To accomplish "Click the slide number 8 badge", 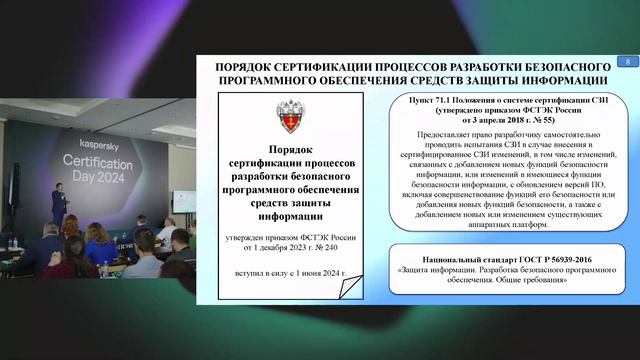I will pos(627,63).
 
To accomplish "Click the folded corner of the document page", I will pos(347,290).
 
